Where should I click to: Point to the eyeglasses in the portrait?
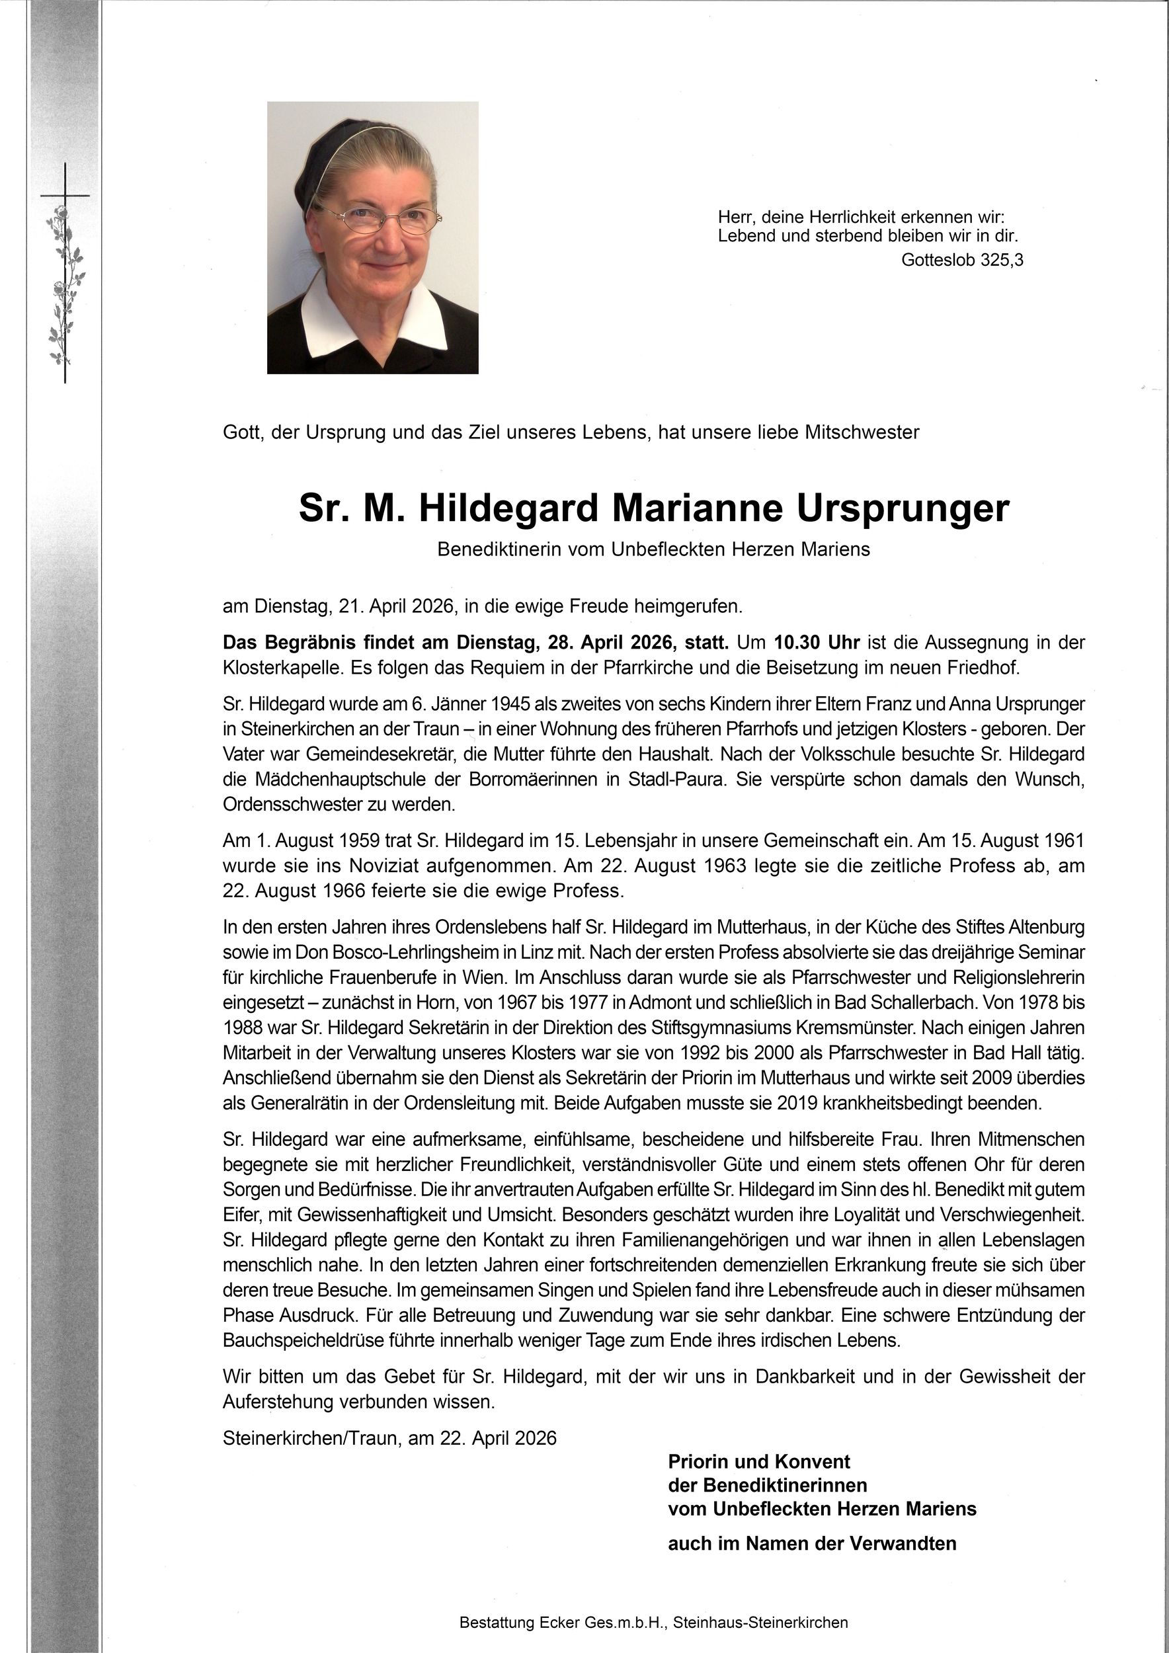378,219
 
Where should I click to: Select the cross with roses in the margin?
65,274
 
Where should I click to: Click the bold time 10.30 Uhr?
818,642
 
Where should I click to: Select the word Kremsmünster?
893,1028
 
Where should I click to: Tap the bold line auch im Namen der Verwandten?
812,1543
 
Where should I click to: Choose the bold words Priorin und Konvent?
758,1462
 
